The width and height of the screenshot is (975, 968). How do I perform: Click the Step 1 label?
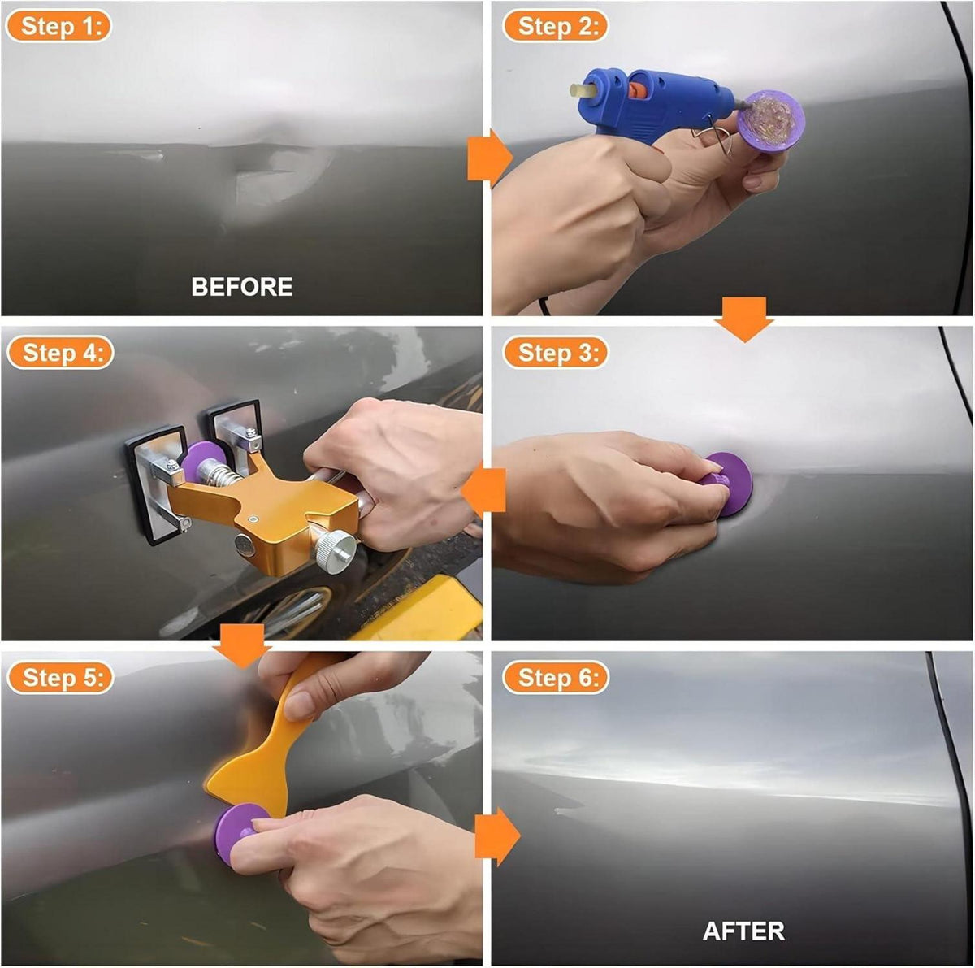(x=59, y=26)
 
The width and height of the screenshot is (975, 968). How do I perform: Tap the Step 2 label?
(x=555, y=26)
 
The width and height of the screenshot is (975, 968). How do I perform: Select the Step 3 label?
(x=555, y=353)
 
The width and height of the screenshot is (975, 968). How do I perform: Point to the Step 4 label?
(x=60, y=353)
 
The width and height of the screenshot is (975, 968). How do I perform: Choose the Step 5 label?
(x=60, y=677)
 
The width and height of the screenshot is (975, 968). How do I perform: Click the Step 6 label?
(x=555, y=677)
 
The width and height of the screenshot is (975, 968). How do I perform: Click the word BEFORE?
(x=242, y=287)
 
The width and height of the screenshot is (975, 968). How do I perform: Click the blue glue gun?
(x=652, y=104)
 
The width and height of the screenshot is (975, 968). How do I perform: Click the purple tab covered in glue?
(x=770, y=119)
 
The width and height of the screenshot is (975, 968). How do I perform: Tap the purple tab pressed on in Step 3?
(x=731, y=484)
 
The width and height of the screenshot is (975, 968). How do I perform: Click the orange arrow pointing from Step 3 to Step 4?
(x=483, y=490)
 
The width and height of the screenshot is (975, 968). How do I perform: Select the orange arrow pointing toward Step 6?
(x=497, y=836)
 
